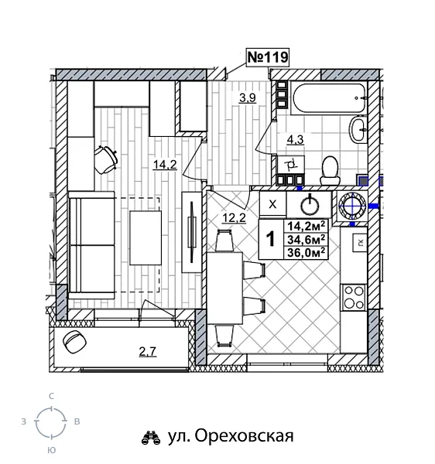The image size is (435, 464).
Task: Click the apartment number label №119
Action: tap(267, 57)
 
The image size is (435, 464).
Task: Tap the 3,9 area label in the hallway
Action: tap(248, 97)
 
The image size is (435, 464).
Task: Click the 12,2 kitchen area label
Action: tap(235, 217)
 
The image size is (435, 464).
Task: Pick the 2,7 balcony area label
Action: tap(147, 353)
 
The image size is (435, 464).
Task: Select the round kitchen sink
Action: tap(310, 205)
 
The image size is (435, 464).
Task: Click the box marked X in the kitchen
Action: tap(272, 204)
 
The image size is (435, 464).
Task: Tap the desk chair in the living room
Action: tap(105, 158)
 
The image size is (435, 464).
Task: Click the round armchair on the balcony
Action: tap(75, 343)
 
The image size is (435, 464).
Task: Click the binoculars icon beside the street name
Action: tap(150, 438)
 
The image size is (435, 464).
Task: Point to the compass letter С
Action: tap(51, 396)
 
